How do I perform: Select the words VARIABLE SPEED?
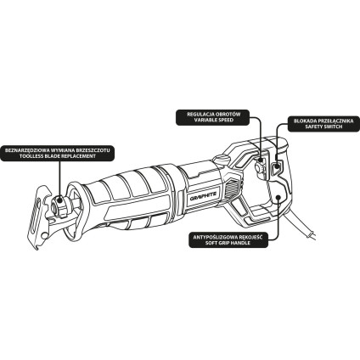(x=214, y=120)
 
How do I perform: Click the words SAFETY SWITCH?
(x=323, y=127)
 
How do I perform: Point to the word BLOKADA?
(x=304, y=121)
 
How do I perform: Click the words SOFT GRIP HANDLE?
(x=228, y=243)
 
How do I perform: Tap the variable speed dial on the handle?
(x=260, y=168)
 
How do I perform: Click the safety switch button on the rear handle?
(x=277, y=168)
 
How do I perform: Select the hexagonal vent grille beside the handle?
(x=233, y=189)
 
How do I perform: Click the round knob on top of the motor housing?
(x=221, y=159)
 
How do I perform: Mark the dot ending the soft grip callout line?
(x=278, y=197)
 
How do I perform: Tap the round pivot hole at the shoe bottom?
(x=44, y=236)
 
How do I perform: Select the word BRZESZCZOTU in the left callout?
(x=97, y=150)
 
